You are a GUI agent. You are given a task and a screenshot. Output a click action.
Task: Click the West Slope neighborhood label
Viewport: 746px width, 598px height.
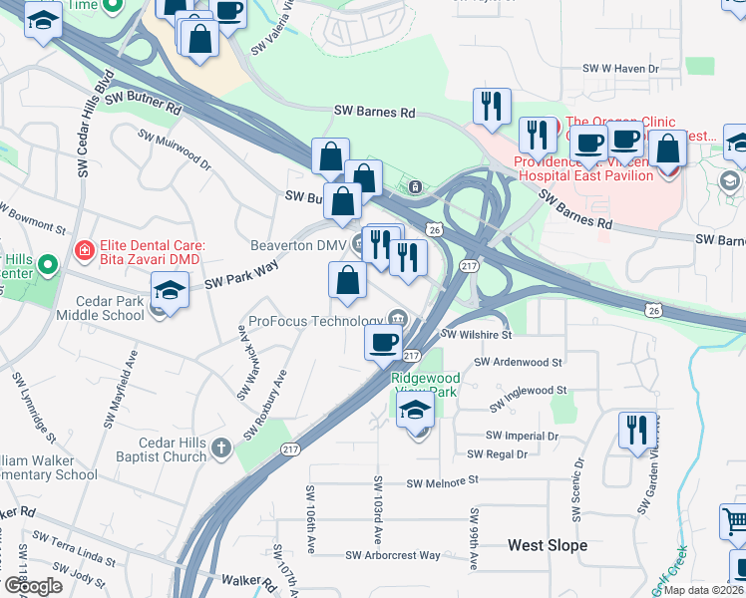(x=548, y=545)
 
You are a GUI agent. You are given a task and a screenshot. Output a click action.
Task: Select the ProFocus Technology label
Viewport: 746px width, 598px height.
(x=316, y=321)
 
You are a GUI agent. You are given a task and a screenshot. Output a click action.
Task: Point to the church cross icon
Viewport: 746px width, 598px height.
(x=221, y=449)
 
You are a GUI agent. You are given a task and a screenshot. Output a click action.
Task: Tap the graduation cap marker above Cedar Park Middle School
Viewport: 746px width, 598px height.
(x=171, y=292)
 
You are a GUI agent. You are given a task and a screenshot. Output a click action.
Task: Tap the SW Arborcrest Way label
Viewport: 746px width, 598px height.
(x=393, y=555)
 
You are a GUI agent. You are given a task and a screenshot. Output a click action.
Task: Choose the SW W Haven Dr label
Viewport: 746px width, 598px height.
(x=621, y=69)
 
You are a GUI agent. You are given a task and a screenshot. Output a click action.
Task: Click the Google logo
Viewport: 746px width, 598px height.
(x=33, y=586)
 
